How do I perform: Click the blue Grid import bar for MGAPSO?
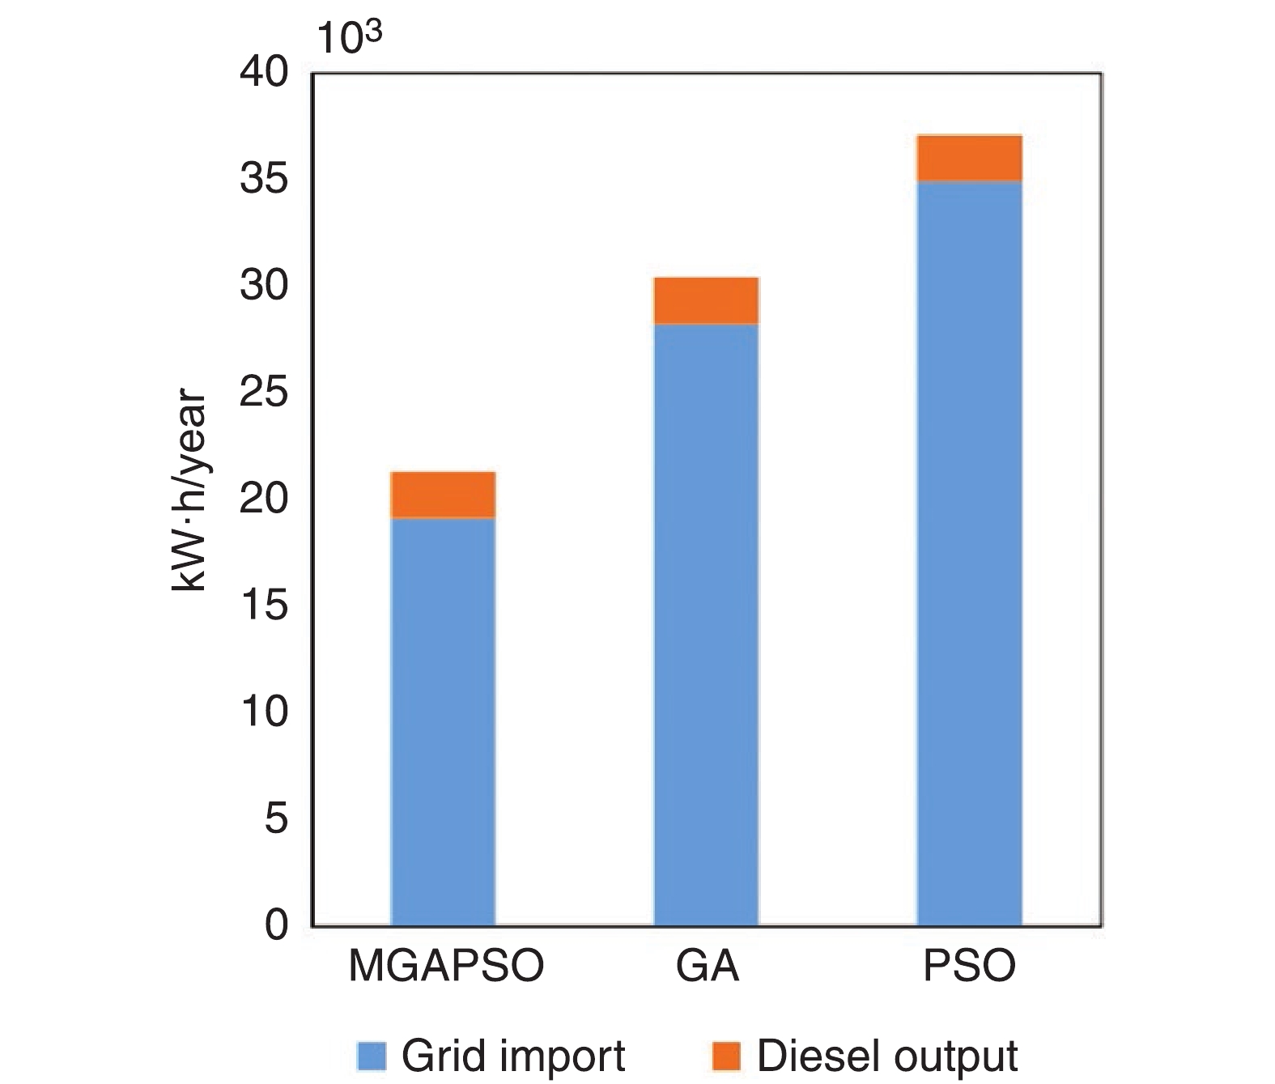click(443, 721)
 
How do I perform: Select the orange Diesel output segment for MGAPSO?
click(443, 495)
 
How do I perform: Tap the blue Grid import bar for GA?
click(706, 623)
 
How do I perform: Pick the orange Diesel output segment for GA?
click(706, 300)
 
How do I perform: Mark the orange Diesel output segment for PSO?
click(969, 159)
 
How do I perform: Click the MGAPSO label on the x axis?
click(446, 966)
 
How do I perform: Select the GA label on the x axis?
click(708, 966)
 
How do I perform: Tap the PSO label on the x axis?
click(969, 966)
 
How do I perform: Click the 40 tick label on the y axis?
click(264, 74)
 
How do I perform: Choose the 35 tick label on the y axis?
click(264, 180)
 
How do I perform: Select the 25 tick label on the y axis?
click(264, 393)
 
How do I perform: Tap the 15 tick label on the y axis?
click(264, 606)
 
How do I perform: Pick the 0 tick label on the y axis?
click(277, 925)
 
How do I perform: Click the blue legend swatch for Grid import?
click(372, 1056)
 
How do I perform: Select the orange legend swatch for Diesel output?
click(726, 1056)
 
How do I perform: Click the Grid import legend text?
click(513, 1056)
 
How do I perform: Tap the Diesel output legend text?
click(886, 1056)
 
